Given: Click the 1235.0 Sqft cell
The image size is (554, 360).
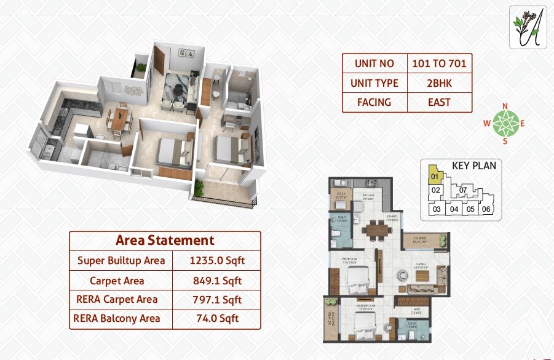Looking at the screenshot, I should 217,260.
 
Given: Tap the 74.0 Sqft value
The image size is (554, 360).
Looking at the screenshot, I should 217,318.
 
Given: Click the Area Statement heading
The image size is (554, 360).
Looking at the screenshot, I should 165,240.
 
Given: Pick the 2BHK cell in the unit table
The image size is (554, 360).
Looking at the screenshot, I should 439,83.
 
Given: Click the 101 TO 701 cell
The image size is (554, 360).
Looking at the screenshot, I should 439,63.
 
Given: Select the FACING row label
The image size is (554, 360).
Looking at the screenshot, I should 374,102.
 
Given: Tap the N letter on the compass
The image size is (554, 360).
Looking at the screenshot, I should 505,106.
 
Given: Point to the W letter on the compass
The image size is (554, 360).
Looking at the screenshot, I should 486,123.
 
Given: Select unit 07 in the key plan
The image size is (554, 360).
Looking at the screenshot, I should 463,190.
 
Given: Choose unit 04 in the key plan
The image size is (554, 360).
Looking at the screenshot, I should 454,209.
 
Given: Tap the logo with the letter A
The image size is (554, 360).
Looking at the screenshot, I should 528,27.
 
